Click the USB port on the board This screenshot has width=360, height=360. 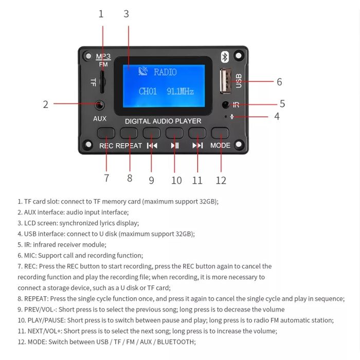226,81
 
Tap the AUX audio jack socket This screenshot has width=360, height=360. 100,105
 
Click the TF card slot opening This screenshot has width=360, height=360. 102,81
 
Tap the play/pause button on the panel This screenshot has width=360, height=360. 175,133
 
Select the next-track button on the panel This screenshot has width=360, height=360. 197,133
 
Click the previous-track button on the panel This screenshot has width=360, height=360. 152,133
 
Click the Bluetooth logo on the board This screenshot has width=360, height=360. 224,57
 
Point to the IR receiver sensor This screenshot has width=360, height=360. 225,105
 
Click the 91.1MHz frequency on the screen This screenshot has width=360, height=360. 180,92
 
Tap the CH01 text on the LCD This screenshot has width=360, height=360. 148,92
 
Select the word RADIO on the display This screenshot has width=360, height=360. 165,72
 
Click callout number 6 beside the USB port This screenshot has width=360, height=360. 279,82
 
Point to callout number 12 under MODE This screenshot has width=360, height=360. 221,180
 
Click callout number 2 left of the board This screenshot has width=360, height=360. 46,104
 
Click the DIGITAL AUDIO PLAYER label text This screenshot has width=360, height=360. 163,121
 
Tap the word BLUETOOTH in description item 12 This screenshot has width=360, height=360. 177,341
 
